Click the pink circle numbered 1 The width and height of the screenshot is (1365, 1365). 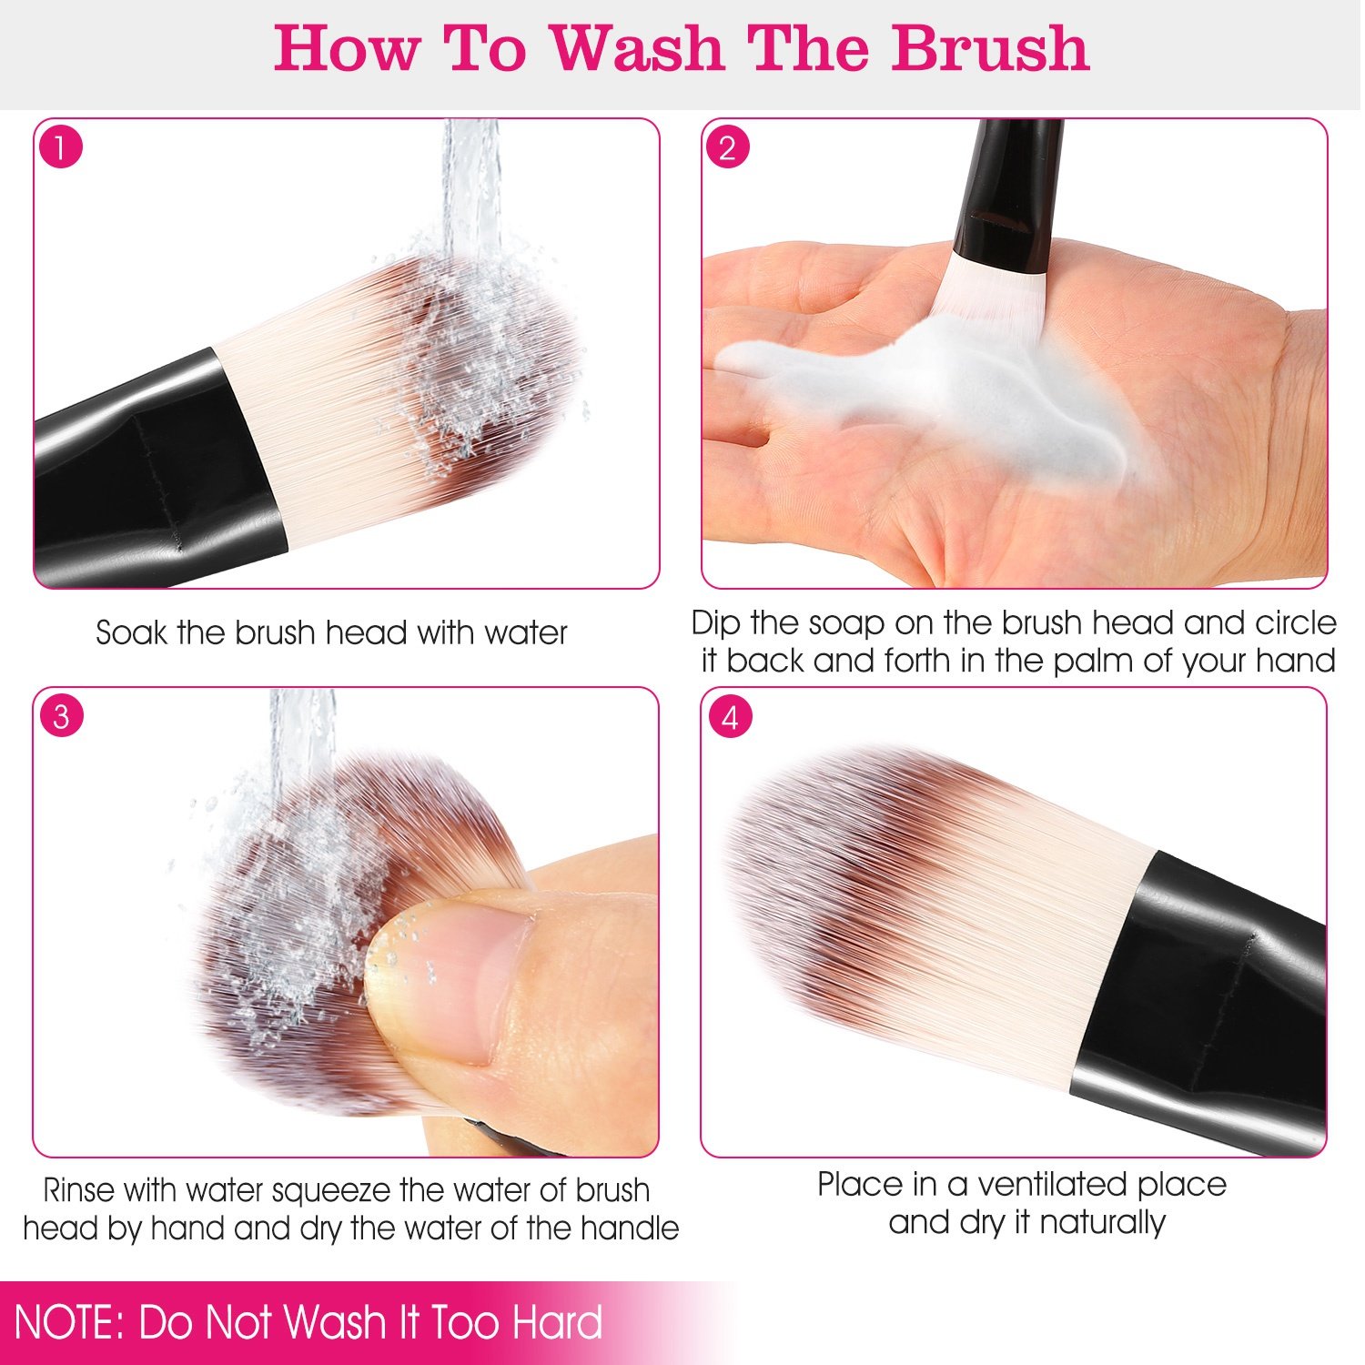(x=61, y=147)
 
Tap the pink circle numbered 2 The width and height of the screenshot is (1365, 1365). (x=727, y=147)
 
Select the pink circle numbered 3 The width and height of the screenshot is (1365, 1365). (x=61, y=716)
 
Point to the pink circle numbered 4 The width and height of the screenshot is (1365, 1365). (x=730, y=718)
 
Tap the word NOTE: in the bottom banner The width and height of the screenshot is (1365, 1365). (x=69, y=1322)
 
